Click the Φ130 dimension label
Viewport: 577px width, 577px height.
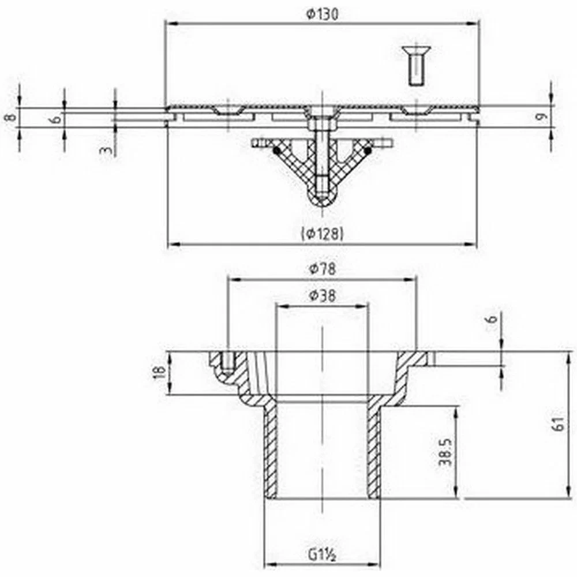point(322,14)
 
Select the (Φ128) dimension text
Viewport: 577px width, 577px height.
point(323,233)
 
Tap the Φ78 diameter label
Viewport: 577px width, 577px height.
point(323,269)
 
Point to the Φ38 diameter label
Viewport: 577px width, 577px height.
point(323,295)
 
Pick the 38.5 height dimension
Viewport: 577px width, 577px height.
point(445,452)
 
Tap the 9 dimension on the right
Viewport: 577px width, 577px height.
point(540,117)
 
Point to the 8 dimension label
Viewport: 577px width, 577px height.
point(10,117)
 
